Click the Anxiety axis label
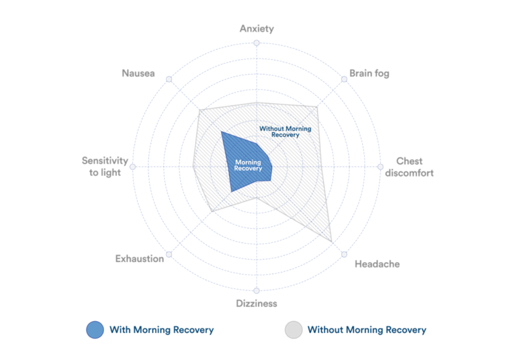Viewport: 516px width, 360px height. coord(257,29)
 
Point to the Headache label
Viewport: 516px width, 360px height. coord(377,264)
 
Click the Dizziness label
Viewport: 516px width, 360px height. coord(257,304)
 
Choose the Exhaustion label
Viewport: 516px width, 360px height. coord(140,259)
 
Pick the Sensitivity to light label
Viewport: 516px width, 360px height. coord(105,167)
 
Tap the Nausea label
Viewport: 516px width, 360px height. coord(138,73)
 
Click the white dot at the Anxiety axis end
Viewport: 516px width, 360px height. coord(257,43)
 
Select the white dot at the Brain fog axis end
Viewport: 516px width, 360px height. coord(345,79)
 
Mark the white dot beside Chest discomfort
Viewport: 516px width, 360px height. coord(381,167)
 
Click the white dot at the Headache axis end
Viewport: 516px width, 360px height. coord(344,255)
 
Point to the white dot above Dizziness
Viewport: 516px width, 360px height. coord(257,291)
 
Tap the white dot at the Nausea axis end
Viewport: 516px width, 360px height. coord(169,79)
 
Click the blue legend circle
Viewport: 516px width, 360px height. coord(95,330)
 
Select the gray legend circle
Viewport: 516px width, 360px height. coord(294,330)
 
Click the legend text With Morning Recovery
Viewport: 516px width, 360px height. coord(162,330)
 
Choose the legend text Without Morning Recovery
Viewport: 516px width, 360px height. coord(367,330)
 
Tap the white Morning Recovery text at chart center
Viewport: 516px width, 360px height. coord(248,165)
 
